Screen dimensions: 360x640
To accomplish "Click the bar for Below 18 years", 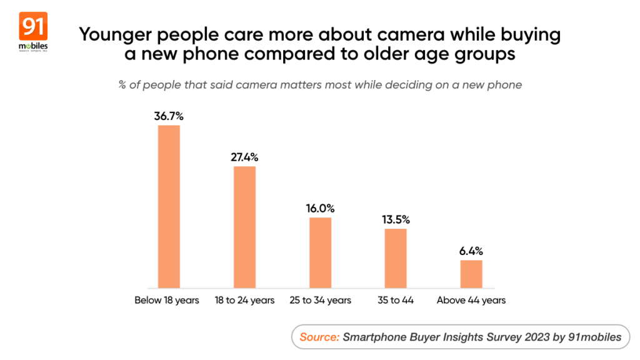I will point(169,206).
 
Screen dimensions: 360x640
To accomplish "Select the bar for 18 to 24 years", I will point(244,227).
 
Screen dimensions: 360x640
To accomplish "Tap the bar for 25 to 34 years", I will point(321,252).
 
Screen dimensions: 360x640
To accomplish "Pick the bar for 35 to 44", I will point(396,258).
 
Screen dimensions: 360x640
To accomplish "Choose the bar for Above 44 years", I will point(471,274).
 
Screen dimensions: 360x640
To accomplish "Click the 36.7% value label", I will point(169,116).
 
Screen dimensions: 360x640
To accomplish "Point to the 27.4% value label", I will point(244,157).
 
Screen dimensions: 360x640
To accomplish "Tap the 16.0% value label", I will point(321,209).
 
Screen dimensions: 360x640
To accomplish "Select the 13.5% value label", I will point(396,219).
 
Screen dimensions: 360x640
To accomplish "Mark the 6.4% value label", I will point(471,251).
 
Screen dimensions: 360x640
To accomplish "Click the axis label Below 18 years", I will point(167,301).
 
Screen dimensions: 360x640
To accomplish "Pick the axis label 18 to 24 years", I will point(244,301).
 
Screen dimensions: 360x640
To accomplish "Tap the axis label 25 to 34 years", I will point(321,301).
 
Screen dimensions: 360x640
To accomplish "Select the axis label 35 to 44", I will point(396,301).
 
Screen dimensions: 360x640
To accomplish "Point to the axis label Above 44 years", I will point(471,301).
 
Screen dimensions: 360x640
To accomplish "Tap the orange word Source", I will point(319,337).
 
